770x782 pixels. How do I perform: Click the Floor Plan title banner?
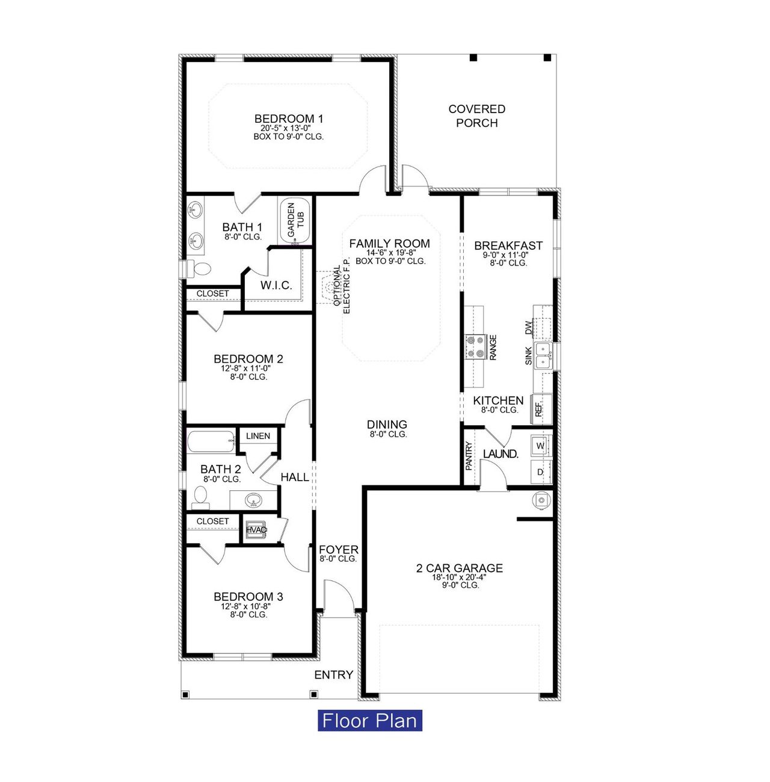369,720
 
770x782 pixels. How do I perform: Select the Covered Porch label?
476,115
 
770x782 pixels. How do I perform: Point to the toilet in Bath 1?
201,268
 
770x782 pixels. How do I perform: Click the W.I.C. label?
276,285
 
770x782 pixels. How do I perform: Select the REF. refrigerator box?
540,409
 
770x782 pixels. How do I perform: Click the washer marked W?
540,446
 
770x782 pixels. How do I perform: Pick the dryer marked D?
540,472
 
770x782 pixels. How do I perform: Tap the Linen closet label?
258,436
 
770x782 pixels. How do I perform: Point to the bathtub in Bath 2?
211,442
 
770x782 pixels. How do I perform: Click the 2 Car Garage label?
459,568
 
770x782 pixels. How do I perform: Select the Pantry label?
469,455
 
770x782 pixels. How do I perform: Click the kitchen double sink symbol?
544,355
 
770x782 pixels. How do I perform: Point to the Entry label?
334,675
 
